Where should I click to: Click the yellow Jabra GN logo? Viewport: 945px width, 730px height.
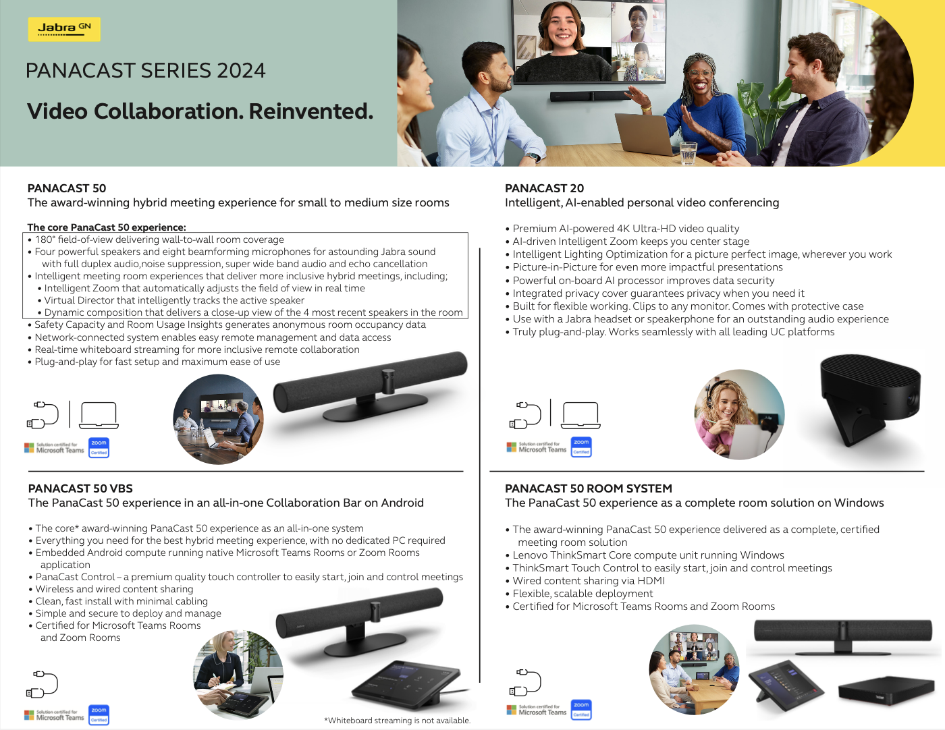64,29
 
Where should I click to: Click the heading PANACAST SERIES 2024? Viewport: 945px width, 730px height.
145,70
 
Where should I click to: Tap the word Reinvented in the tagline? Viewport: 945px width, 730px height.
311,111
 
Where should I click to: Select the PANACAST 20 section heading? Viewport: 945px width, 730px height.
544,188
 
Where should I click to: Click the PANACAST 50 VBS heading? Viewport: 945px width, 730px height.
80,488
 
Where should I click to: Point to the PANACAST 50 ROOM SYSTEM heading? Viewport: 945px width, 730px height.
589,488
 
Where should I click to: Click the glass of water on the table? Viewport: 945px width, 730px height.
688,152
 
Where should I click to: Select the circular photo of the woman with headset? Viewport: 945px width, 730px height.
739,414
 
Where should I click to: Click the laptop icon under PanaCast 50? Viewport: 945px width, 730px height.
99,416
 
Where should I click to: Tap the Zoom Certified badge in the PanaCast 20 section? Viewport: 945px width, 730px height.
581,447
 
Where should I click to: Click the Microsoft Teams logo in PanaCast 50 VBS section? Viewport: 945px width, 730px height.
55,714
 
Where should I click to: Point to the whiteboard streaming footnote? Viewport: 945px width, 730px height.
397,721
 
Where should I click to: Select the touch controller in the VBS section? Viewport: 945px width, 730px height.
406,683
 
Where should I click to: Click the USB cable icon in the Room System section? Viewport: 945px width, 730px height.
524,682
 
